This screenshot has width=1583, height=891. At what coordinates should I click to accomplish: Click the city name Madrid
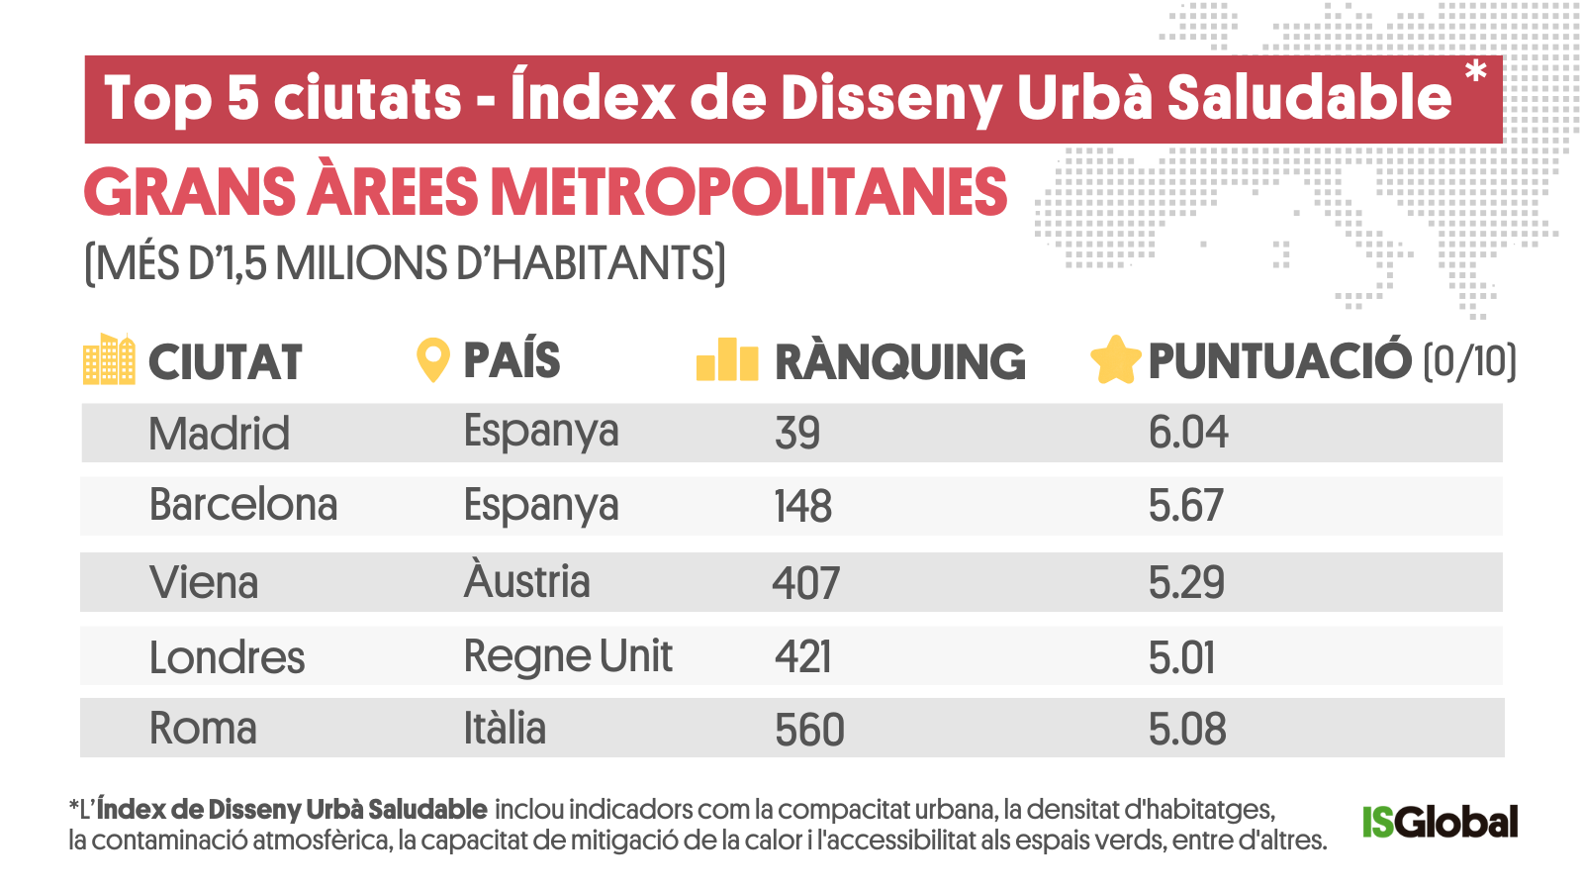point(219,434)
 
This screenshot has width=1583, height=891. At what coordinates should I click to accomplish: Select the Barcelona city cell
point(243,505)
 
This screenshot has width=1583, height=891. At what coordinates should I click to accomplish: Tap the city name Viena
point(204,582)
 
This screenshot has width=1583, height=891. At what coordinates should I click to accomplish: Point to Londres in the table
point(227,657)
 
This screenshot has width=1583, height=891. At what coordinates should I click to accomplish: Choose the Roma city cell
point(203,729)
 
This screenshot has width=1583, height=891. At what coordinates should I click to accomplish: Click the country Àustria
point(526,580)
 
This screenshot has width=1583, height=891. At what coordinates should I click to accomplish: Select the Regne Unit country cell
point(568,656)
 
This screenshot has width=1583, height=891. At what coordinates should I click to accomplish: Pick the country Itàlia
point(505,729)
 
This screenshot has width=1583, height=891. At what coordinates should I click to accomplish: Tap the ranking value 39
point(797,434)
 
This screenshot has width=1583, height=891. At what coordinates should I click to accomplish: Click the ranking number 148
point(802,506)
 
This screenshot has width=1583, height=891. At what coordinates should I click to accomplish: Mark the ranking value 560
point(809,730)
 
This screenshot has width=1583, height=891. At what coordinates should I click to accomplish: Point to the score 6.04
point(1188,433)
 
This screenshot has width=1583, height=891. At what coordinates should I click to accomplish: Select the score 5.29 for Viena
point(1186,582)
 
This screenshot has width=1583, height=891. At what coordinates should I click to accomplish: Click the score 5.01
point(1181,657)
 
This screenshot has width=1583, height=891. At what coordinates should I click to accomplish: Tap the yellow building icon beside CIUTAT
point(109,359)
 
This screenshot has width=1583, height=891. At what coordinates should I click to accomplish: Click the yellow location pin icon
point(432,359)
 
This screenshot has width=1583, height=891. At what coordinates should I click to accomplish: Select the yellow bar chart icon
point(727,359)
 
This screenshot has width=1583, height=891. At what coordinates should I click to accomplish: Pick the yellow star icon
point(1115,359)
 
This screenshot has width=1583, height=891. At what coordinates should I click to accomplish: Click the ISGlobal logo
point(1440,822)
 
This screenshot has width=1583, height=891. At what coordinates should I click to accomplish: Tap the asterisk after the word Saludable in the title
point(1476,72)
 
